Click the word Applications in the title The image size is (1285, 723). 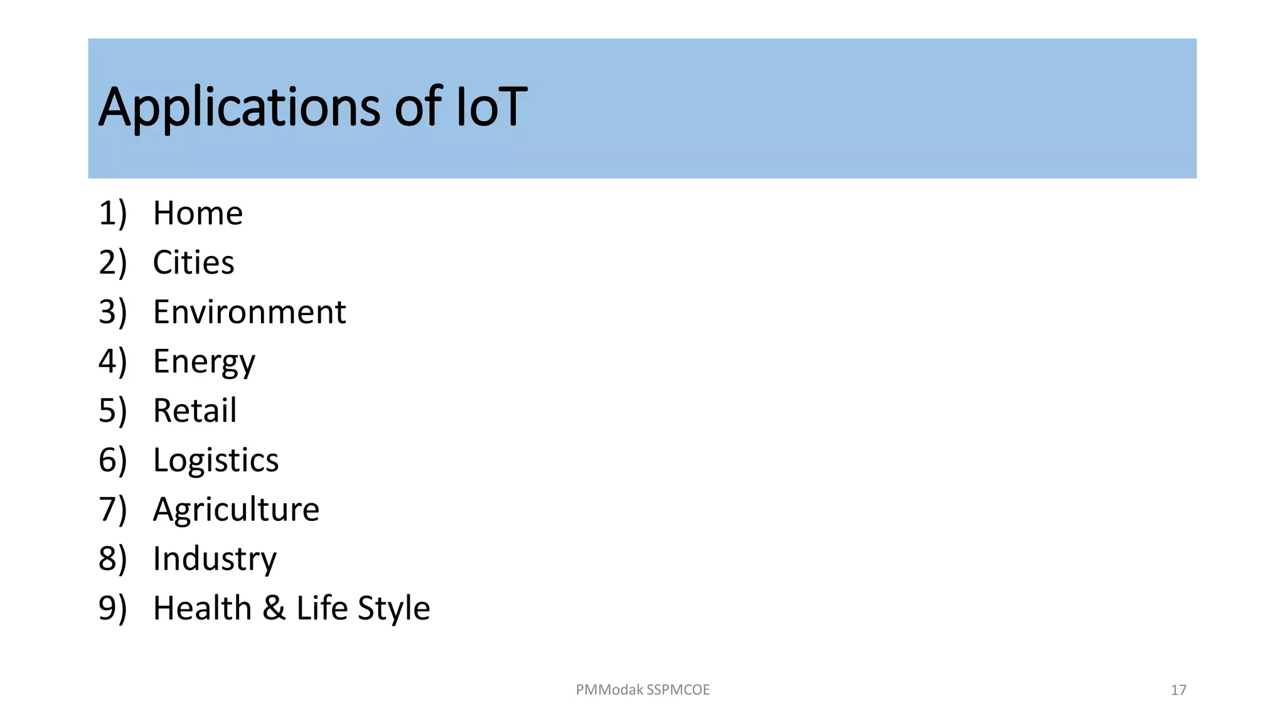[x=239, y=108]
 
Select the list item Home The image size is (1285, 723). [x=198, y=213]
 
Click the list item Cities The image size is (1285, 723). [x=193, y=262]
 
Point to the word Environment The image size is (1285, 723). [x=249, y=312]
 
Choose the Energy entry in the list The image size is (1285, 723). [x=204, y=361]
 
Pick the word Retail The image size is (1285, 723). [x=195, y=410]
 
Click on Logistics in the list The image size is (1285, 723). [x=215, y=460]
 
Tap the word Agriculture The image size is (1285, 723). [x=236, y=509]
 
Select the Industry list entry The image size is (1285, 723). [x=215, y=559]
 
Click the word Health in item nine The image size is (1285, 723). [x=202, y=608]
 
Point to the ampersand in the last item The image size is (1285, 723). [x=274, y=608]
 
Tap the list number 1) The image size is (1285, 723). [x=113, y=213]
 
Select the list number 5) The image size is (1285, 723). [x=113, y=410]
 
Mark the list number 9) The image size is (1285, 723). [x=113, y=608]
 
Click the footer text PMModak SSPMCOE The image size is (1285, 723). [x=642, y=690]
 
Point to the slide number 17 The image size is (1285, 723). [x=1178, y=690]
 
